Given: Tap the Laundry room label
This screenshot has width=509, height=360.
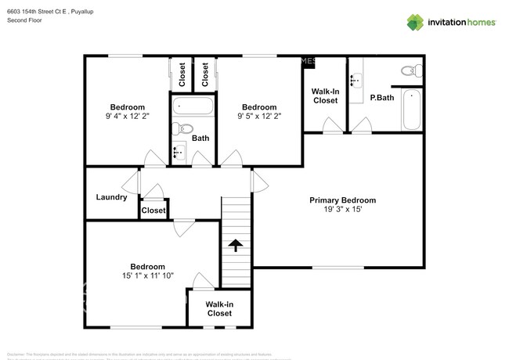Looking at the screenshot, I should (111, 197).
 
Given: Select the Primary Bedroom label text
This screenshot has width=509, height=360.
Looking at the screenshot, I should (343, 200).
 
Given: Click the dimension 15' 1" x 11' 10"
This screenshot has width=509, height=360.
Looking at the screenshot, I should (147, 275).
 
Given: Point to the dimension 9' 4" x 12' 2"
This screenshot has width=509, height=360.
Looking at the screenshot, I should (127, 116).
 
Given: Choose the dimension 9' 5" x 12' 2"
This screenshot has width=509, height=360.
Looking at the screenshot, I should (259, 116).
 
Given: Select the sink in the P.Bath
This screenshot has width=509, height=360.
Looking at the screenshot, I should (356, 79).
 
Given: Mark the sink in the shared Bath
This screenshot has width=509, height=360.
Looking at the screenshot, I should (179, 151).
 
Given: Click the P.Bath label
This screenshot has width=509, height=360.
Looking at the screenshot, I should (381, 98).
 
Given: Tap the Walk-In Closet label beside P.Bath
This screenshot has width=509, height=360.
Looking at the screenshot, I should (325, 96).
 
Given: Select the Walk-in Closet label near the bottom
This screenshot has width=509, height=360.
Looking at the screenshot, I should (219, 308).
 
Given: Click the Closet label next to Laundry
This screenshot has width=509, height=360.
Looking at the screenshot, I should (153, 211).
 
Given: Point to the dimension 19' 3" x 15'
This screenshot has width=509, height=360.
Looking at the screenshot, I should (343, 210).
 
